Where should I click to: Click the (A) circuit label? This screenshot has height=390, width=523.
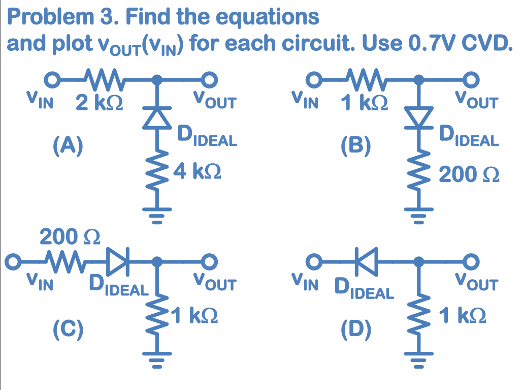[69, 146]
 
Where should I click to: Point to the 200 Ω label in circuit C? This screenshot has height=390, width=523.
[70, 237]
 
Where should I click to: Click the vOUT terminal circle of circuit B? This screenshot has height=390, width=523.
[472, 79]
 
